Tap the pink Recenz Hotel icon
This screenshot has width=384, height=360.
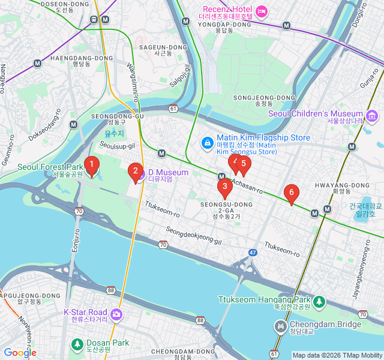(261, 11)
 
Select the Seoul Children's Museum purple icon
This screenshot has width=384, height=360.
(372, 115)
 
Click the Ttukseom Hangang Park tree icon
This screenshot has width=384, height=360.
(320, 300)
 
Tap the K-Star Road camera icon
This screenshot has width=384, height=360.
(116, 314)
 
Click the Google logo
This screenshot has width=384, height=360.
(20, 353)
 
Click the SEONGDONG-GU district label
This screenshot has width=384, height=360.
(118, 116)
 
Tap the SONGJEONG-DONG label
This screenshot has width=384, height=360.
(264, 98)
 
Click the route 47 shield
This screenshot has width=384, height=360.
(253, 253)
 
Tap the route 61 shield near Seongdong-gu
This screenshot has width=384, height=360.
(173, 109)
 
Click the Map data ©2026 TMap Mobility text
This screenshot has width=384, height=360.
(337, 355)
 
